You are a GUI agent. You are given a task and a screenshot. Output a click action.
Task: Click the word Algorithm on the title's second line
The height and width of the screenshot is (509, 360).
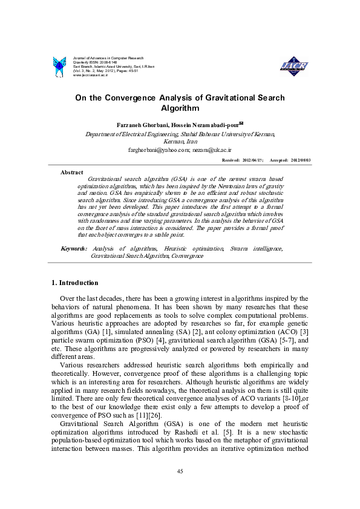click(180, 108)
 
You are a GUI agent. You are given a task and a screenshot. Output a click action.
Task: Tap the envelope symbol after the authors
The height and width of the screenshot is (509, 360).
click(224, 122)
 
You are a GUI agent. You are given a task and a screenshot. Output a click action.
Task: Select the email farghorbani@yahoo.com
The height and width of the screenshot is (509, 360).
click(154, 148)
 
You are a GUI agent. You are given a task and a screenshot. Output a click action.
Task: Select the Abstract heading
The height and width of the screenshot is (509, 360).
click(72, 172)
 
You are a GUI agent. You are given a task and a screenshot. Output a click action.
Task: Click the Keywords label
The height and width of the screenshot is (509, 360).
click(74, 249)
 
